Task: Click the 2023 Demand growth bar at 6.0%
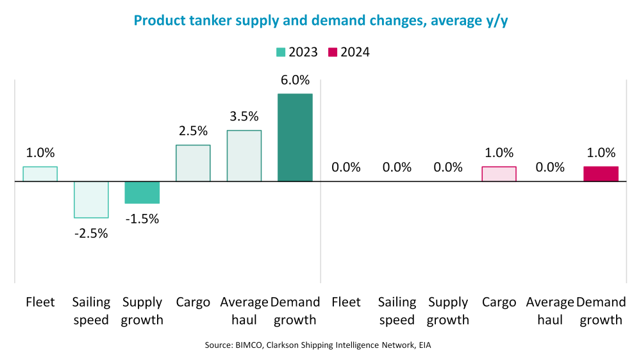pos(295,137)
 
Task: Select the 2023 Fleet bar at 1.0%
pos(40,174)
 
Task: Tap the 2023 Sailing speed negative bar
pos(91,199)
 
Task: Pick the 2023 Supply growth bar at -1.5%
pos(142,192)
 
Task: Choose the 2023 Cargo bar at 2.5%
pos(193,163)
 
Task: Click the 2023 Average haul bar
pos(244,156)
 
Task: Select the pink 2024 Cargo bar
pos(499,174)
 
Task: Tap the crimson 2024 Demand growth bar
pos(601,174)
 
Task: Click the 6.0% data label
pos(295,81)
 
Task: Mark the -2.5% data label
pos(91,233)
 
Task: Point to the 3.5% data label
pos(244,117)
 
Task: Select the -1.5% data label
pos(142,218)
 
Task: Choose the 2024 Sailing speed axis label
pos(397,311)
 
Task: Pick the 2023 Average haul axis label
pos(244,311)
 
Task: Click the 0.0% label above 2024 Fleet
pos(346,168)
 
